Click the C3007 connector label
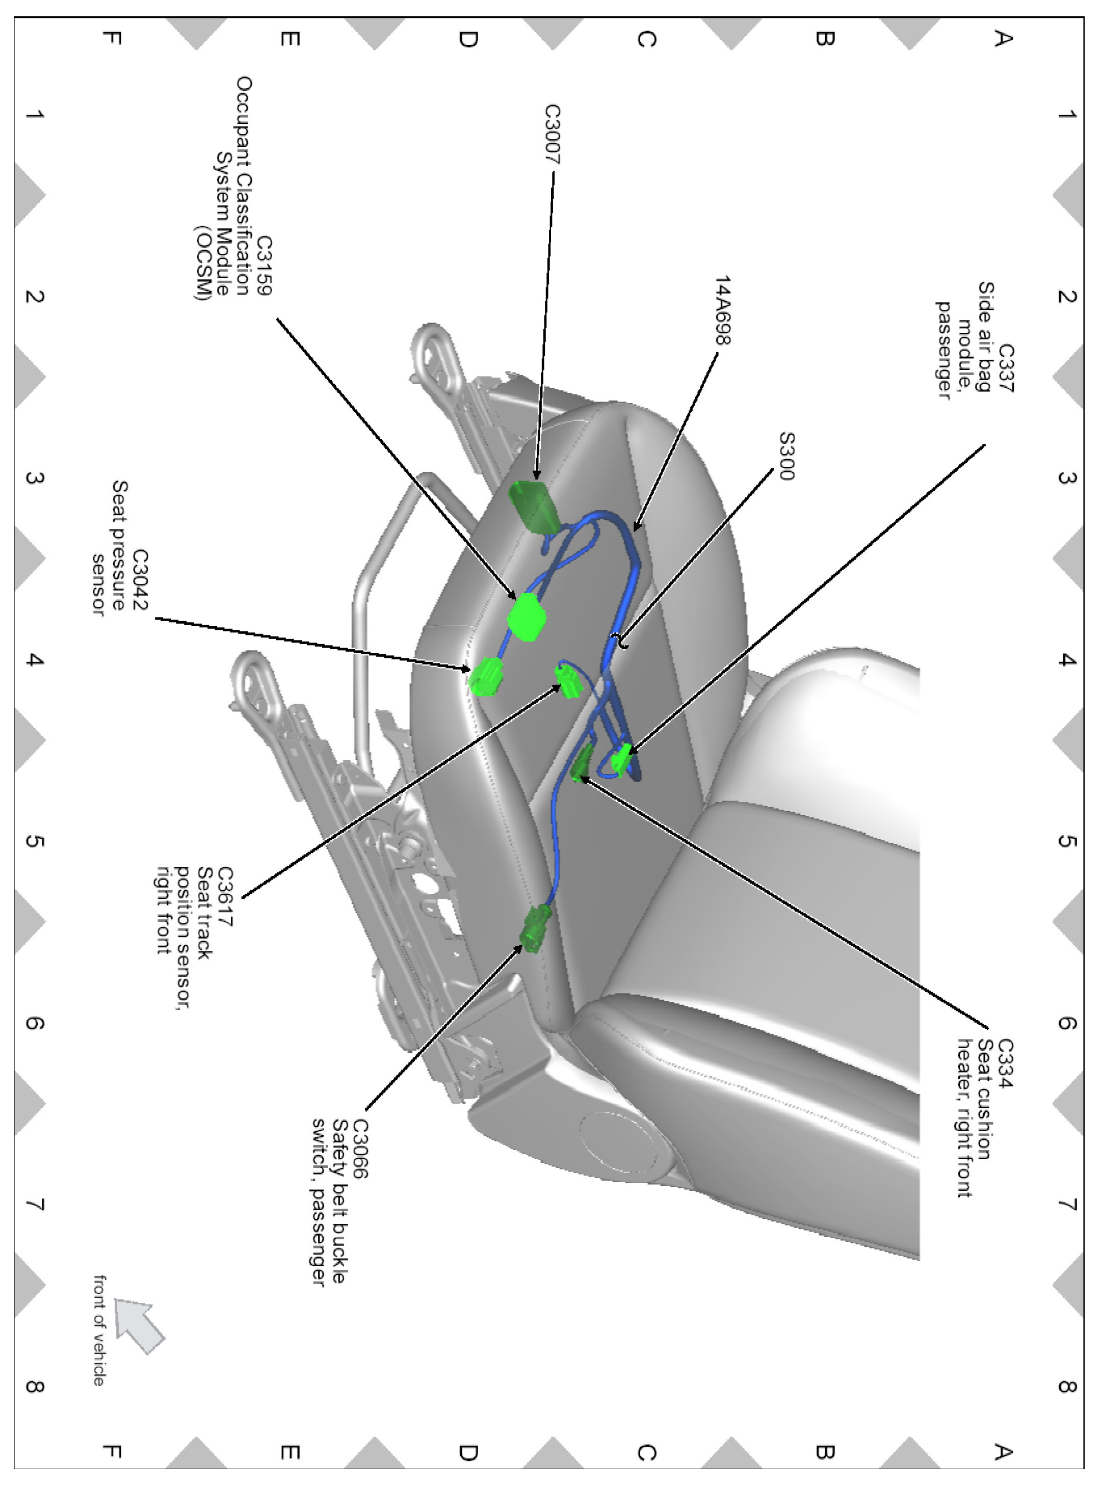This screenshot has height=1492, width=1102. coord(553,134)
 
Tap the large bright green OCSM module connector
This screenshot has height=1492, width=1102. coord(527,617)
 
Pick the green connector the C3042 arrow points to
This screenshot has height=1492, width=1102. coord(486,677)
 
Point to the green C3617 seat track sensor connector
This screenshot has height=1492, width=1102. coord(569,682)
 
